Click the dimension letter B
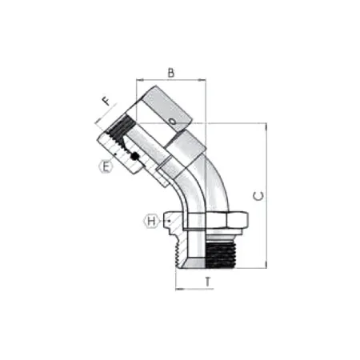pos(171,73)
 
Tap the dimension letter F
pos(106,102)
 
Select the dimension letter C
pos(258,196)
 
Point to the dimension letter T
pos(208,282)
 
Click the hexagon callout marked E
pos(106,167)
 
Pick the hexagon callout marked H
pos(151,221)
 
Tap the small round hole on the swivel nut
pos(173,122)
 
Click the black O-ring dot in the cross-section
pos(135,156)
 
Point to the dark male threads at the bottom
pos(221,254)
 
